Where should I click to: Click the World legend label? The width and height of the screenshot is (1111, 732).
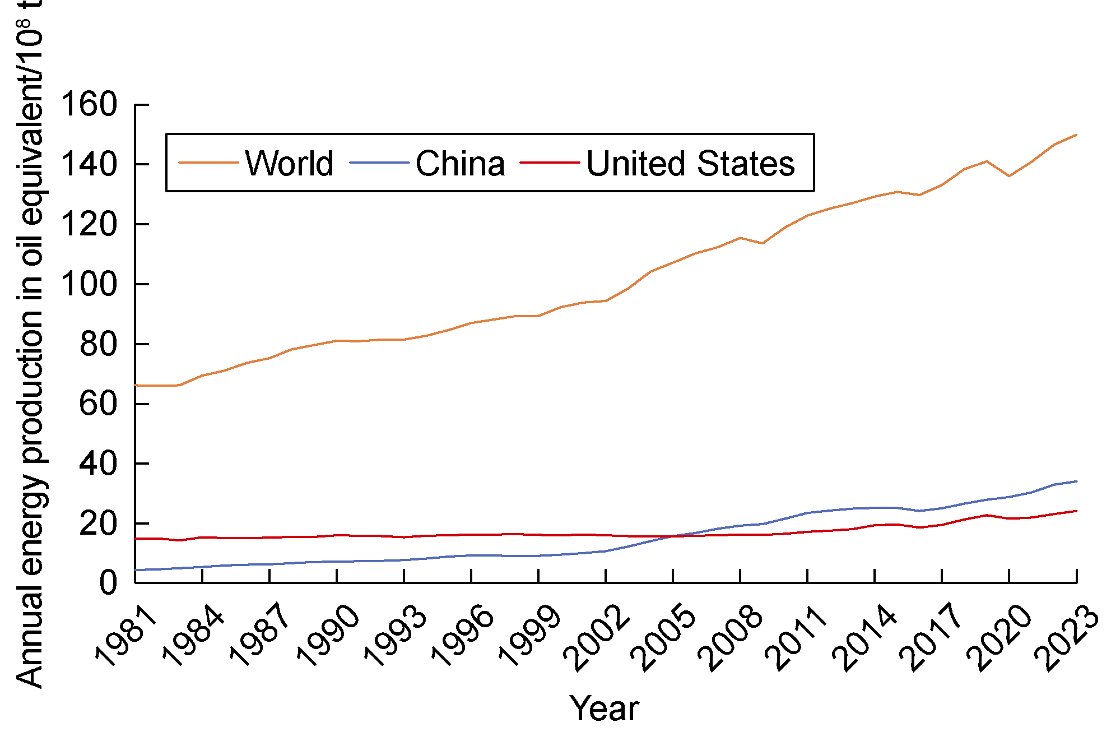coord(289,164)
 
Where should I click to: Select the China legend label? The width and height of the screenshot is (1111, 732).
coord(460,164)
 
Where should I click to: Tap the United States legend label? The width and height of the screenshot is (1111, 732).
coord(690,164)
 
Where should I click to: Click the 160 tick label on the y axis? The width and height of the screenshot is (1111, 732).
coord(89,105)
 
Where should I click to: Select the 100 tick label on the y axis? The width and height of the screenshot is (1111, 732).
coord(89,284)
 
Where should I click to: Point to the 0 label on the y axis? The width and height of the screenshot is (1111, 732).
coord(108,583)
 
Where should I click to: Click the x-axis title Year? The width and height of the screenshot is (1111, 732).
coord(604,708)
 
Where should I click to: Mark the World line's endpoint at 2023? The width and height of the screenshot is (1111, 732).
coord(1076,135)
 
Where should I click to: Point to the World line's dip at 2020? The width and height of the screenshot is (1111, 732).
coord(1009,176)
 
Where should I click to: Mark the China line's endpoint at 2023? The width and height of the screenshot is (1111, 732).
coord(1076,481)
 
